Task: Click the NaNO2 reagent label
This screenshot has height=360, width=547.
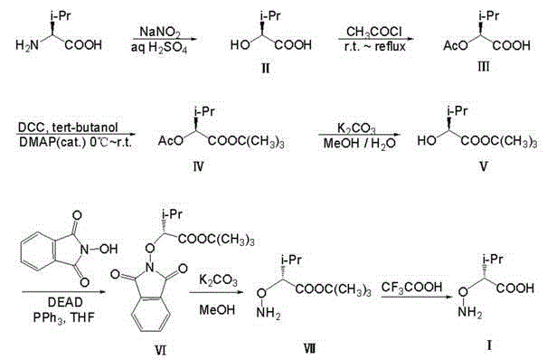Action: [156, 32]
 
